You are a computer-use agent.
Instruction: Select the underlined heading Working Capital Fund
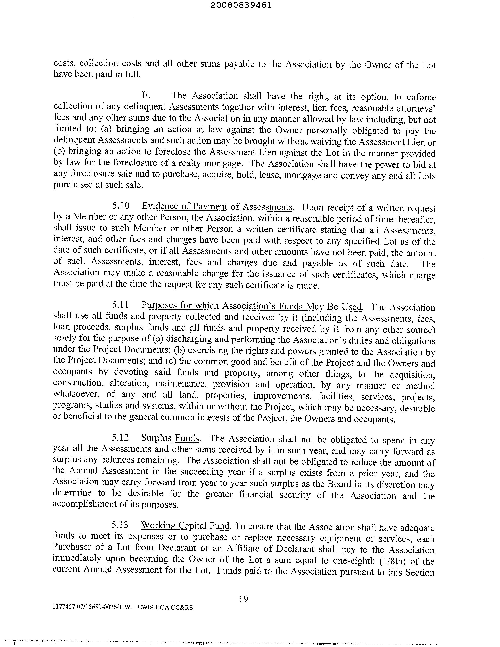185,525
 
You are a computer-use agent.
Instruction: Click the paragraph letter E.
146,95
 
